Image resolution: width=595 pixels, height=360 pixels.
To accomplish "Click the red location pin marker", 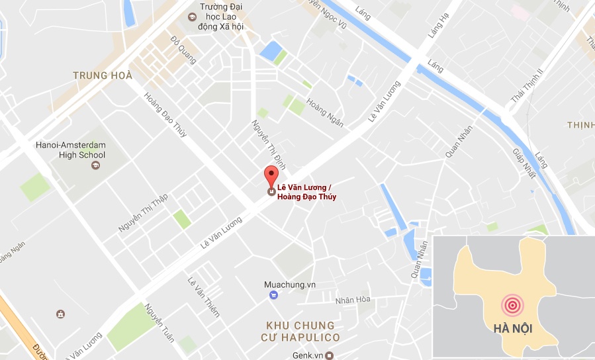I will point(271,177).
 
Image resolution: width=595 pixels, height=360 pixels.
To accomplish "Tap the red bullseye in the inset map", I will point(511,304).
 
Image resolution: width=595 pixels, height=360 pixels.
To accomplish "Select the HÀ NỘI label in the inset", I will point(513,329).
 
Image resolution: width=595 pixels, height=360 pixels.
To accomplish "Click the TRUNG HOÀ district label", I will point(103,75).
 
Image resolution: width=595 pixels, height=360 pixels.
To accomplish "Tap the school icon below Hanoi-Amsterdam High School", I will point(94,165).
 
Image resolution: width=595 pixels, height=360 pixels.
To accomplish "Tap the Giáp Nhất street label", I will point(523,163).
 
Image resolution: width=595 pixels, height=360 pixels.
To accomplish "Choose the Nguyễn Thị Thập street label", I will point(143,212).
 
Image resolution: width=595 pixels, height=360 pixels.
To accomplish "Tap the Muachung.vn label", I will point(290,285).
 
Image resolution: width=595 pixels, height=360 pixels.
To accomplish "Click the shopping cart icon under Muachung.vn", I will point(273,296).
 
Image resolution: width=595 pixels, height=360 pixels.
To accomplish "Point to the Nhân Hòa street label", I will point(353,300).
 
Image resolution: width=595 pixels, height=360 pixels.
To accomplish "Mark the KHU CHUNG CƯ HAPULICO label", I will point(302,332).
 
